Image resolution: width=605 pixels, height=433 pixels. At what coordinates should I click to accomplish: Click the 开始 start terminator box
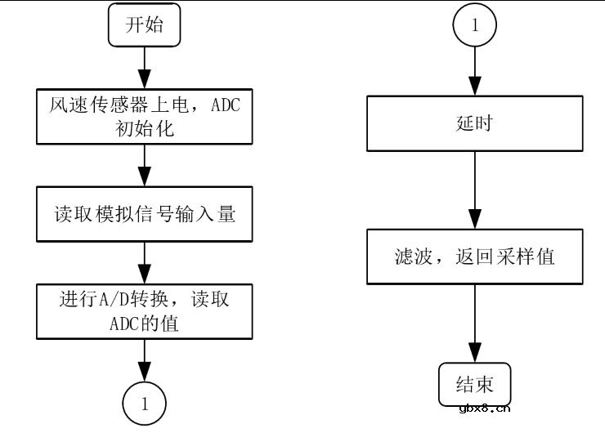pyautogui.click(x=144, y=25)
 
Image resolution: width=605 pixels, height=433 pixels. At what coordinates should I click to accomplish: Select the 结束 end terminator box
pyautogui.click(x=475, y=383)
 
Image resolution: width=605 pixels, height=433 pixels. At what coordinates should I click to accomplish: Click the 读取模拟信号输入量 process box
pyautogui.click(x=144, y=215)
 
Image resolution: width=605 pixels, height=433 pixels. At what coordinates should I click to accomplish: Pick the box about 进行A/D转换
pyautogui.click(x=144, y=311)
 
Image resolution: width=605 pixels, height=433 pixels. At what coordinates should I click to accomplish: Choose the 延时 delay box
pyautogui.click(x=475, y=124)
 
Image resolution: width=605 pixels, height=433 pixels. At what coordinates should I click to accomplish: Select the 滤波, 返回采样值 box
pyautogui.click(x=475, y=257)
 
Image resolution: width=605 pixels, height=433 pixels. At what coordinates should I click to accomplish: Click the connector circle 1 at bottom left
pyautogui.click(x=145, y=403)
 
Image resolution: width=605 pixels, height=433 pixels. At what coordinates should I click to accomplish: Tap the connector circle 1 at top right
pyautogui.click(x=475, y=25)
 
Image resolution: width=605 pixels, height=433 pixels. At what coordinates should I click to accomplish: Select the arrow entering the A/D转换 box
pyautogui.click(x=145, y=263)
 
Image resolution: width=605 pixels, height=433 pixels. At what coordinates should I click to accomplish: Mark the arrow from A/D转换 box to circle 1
pyautogui.click(x=145, y=359)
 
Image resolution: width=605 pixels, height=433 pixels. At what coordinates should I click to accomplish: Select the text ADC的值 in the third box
pyautogui.click(x=144, y=323)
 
